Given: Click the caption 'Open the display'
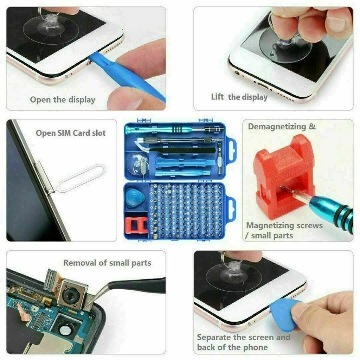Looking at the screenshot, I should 62,100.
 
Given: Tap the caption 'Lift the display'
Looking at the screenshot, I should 239,97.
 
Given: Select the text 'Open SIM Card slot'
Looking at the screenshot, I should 71,133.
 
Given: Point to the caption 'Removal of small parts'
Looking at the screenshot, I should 107,263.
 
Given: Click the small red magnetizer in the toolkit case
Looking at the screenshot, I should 135,227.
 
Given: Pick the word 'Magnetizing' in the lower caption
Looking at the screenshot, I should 269,225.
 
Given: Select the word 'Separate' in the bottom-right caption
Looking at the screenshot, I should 214,337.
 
